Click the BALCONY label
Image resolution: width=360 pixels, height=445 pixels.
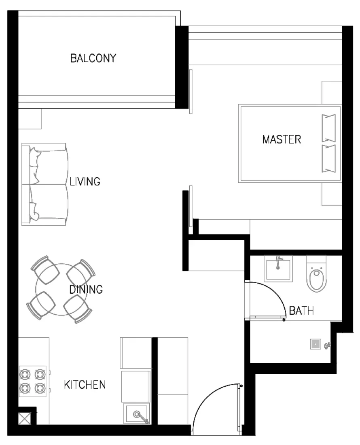point(93,58)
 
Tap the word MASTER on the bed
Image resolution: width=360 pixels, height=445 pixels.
point(282,140)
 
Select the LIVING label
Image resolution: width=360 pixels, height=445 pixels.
point(85,181)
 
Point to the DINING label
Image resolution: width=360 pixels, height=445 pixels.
point(86,290)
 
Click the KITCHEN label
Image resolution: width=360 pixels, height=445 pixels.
point(85,385)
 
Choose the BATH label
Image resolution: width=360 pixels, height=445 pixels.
point(302,311)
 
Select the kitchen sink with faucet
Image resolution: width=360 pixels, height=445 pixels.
point(137,414)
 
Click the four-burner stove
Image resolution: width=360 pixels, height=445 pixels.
point(33,381)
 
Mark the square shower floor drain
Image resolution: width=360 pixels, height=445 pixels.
point(315,344)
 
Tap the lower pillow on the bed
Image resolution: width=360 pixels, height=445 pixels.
point(328,158)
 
